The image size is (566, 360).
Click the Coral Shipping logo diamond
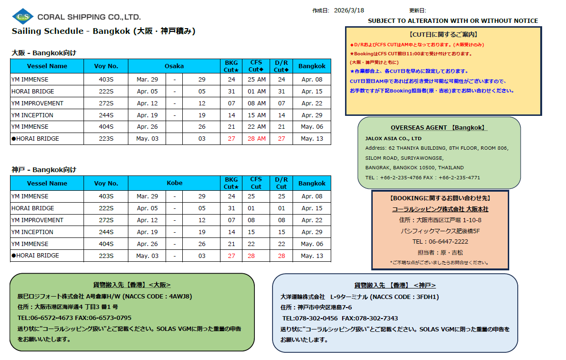(23, 17)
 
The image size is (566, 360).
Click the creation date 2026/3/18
(349, 10)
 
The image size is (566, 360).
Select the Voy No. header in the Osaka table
(106, 66)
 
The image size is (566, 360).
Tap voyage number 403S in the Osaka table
(106, 80)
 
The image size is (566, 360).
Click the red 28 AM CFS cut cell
(257, 139)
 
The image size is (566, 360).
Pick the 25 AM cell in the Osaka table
(257, 80)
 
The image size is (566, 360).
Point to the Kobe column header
(174, 183)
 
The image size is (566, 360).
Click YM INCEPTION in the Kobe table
(32, 232)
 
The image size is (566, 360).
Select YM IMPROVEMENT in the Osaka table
(37, 103)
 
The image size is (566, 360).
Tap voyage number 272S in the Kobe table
(106, 220)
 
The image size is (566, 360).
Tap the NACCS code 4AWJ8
(178, 296)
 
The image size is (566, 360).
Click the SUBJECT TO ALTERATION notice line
(452, 21)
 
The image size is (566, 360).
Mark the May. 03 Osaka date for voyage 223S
(147, 139)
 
